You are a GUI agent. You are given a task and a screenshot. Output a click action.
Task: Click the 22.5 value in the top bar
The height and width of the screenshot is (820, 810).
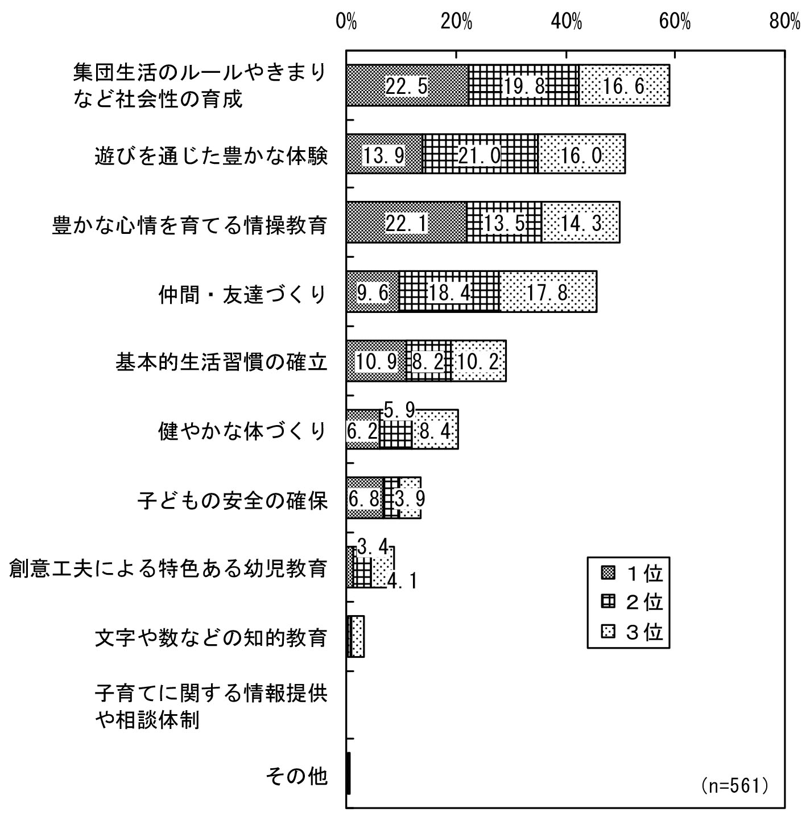click(x=406, y=86)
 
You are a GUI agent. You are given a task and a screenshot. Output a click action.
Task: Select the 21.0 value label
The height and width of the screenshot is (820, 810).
click(x=480, y=155)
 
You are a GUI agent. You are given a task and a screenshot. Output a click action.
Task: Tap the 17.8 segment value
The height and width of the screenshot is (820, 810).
click(x=547, y=292)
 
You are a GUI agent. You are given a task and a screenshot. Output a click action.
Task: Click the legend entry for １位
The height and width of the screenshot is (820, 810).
click(x=632, y=574)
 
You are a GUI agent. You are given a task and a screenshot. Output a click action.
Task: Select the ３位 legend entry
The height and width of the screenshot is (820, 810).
click(x=632, y=632)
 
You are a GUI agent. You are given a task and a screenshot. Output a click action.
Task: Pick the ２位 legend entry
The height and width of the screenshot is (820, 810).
click(x=632, y=603)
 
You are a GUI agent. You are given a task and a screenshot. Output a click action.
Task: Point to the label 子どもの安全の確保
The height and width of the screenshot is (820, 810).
click(x=232, y=501)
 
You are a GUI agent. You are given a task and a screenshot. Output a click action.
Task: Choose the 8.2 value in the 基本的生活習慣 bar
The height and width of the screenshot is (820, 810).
click(x=428, y=362)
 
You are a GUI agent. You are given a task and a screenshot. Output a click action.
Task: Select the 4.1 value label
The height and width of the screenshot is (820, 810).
click(x=402, y=581)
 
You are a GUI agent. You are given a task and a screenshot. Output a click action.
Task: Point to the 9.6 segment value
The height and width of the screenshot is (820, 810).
click(x=372, y=292)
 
